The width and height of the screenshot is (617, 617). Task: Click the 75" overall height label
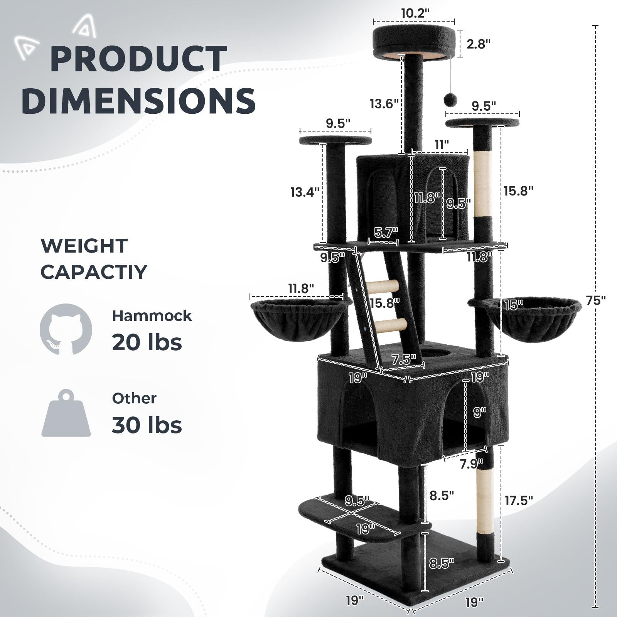click(x=596, y=301)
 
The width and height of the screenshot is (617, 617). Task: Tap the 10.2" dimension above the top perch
click(x=415, y=13)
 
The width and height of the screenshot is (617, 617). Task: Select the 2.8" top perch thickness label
click(x=479, y=44)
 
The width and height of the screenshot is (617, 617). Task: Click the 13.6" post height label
click(x=384, y=104)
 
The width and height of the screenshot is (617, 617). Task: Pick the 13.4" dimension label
click(x=305, y=192)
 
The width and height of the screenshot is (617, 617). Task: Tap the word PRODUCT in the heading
click(x=138, y=59)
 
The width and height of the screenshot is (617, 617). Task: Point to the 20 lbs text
click(x=147, y=342)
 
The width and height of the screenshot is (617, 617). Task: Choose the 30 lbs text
click(x=147, y=425)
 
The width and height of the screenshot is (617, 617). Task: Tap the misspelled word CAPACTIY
click(x=94, y=272)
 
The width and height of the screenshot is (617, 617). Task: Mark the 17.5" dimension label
click(x=519, y=501)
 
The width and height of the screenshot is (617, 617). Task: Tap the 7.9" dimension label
click(x=471, y=464)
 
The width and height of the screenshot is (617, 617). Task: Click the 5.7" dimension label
click(x=385, y=233)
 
